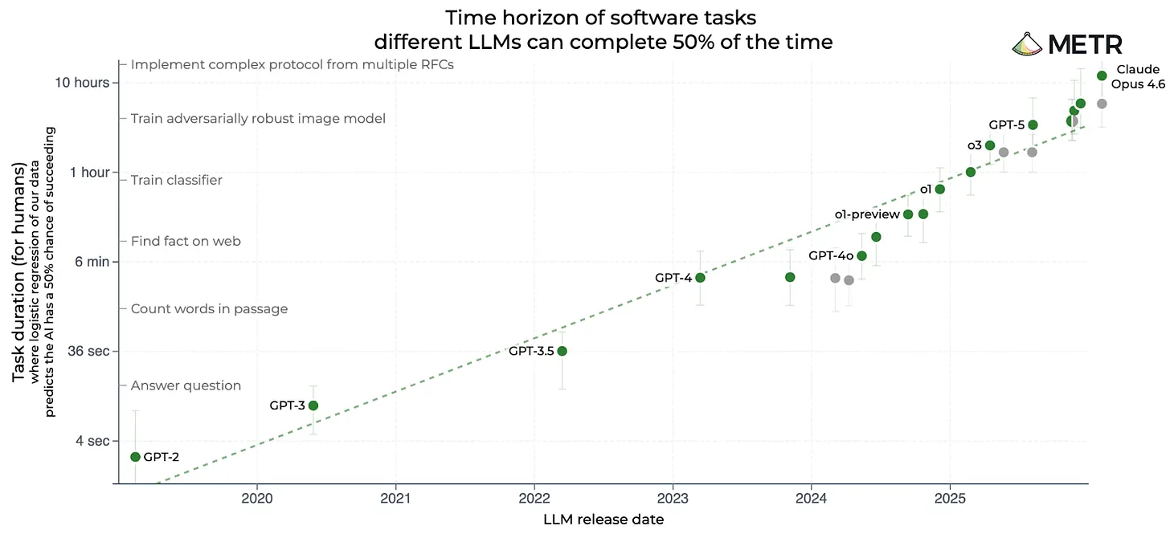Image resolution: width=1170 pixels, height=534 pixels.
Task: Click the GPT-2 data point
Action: pos(135,457)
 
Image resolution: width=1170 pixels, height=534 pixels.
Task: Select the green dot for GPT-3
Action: pos(313,406)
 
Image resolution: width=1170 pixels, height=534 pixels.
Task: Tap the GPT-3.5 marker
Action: pos(562,351)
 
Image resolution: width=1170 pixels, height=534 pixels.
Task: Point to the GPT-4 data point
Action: pos(701,278)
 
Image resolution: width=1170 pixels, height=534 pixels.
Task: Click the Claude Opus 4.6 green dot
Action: pos(1102,75)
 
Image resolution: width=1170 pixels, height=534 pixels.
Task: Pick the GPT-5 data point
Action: pos(1033,124)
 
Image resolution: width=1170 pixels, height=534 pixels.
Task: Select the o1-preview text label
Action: pos(867,214)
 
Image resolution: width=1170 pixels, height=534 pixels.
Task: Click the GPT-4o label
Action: pos(831,256)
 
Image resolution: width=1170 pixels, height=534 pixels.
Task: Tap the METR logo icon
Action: pos(1027,44)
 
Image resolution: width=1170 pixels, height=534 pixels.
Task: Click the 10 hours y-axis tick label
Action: pos(82,83)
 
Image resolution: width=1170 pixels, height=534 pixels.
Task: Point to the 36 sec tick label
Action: pos(88,351)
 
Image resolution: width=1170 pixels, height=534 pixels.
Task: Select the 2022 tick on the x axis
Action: pos(534,499)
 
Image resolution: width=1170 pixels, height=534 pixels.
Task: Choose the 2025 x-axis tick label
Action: pos(950,499)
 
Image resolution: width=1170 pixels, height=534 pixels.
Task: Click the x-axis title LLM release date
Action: pos(603,520)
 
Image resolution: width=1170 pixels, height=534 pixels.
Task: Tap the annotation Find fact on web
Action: pos(186,241)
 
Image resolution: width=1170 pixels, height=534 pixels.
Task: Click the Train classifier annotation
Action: pos(177,180)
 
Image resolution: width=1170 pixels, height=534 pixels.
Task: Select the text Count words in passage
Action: pos(210,309)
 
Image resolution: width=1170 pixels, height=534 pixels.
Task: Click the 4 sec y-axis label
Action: pos(93,441)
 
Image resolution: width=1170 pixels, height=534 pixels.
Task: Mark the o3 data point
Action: pos(990,145)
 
